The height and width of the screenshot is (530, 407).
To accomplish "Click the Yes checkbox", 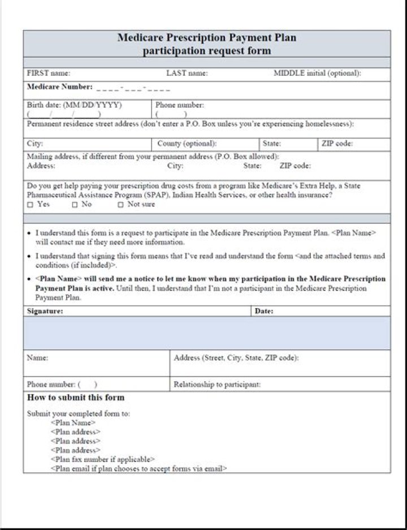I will tap(30, 205).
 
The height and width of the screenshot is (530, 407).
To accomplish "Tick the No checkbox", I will tap(75, 205).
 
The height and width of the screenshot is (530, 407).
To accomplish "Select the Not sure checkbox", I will tap(120, 205).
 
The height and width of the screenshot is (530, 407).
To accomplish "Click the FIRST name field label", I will tap(49, 74).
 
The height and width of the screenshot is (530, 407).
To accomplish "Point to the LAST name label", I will tap(187, 74).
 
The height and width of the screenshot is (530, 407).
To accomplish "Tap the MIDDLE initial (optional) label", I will tap(317, 74).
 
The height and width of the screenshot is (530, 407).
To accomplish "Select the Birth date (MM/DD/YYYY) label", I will tap(74, 105).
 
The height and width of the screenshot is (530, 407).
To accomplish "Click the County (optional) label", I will tap(187, 144).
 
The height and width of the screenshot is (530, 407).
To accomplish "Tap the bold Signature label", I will tap(45, 311).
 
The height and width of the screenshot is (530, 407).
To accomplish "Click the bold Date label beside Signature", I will tap(264, 311).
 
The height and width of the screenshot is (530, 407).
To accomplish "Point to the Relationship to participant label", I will tap(217, 384).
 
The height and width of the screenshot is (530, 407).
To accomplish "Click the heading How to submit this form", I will tap(76, 397).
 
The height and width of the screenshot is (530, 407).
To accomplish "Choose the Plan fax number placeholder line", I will tap(102, 460).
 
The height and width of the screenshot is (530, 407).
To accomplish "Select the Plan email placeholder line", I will tap(138, 469).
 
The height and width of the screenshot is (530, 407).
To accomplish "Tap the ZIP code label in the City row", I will tap(337, 144).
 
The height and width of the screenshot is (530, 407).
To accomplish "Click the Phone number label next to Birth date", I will tap(180, 105).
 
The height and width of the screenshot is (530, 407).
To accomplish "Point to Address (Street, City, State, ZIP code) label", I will tap(236, 358).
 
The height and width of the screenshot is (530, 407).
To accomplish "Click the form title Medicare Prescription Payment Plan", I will tap(206, 38).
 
